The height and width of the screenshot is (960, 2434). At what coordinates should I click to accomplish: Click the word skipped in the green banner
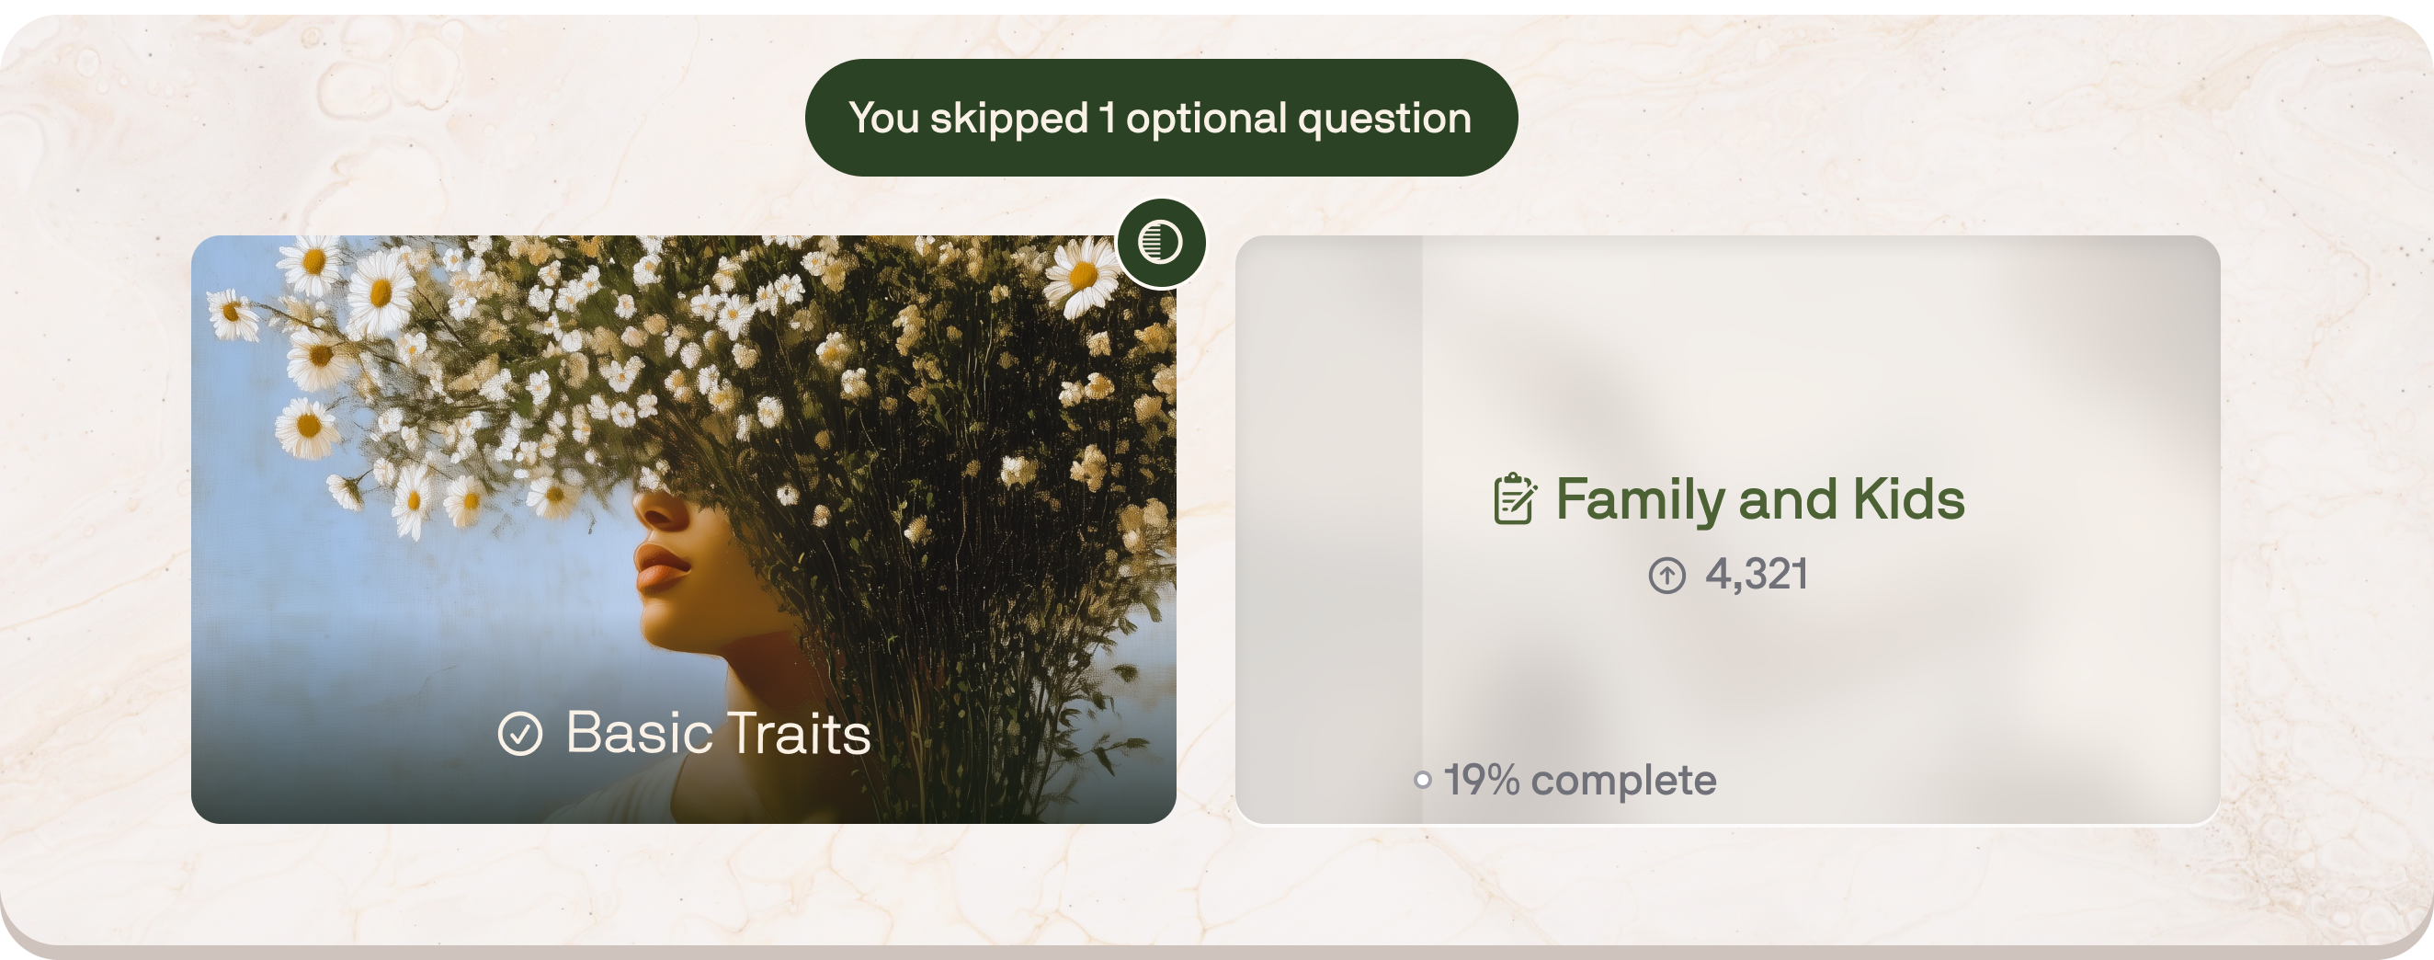[x=1009, y=119]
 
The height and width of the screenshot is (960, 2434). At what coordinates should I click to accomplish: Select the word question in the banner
[x=1384, y=119]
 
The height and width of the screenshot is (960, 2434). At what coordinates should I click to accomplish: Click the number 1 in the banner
[x=1107, y=118]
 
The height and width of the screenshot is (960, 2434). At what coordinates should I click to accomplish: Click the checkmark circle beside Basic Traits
[x=519, y=734]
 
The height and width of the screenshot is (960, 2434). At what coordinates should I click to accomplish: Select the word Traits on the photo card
[x=799, y=733]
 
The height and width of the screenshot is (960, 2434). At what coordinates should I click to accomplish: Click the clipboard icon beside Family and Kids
[x=1514, y=499]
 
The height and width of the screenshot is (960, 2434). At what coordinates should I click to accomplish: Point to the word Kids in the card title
[x=1907, y=499]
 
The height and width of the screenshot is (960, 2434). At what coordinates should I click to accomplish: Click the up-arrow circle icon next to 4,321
[x=1666, y=575]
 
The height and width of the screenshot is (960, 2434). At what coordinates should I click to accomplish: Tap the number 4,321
[x=1757, y=574]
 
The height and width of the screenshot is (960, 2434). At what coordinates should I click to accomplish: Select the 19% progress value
[x=1482, y=781]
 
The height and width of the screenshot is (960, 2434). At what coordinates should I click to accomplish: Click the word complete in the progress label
[x=1622, y=781]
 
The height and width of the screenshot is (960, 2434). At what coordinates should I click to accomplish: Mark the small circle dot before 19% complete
[x=1422, y=781]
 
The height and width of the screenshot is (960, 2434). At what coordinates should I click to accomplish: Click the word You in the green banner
[x=883, y=119]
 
